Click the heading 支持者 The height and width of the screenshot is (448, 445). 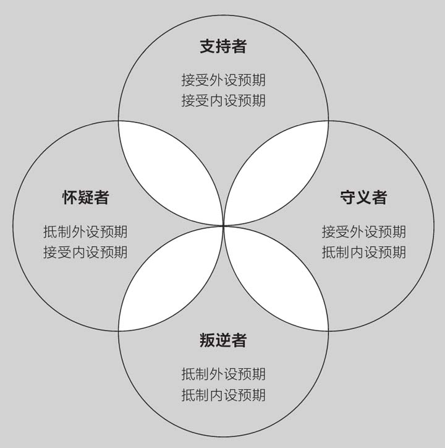223,46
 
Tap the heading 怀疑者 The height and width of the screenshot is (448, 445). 85,197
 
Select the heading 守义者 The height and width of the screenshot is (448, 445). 363,197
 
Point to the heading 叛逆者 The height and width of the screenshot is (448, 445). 223,340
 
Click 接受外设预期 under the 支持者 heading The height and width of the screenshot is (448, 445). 223,80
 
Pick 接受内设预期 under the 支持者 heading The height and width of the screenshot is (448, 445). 223,100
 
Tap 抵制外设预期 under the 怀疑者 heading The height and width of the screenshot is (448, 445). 85,232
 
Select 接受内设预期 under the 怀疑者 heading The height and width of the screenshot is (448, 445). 85,252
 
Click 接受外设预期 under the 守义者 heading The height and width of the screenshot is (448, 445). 363,232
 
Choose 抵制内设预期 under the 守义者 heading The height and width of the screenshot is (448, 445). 363,252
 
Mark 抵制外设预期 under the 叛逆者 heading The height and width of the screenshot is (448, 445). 223,374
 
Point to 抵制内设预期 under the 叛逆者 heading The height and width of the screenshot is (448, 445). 223,395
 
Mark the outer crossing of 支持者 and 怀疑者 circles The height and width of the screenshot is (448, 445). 119,121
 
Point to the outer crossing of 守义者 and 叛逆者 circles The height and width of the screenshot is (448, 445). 328,330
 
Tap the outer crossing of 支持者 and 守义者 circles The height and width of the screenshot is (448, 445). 328,121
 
